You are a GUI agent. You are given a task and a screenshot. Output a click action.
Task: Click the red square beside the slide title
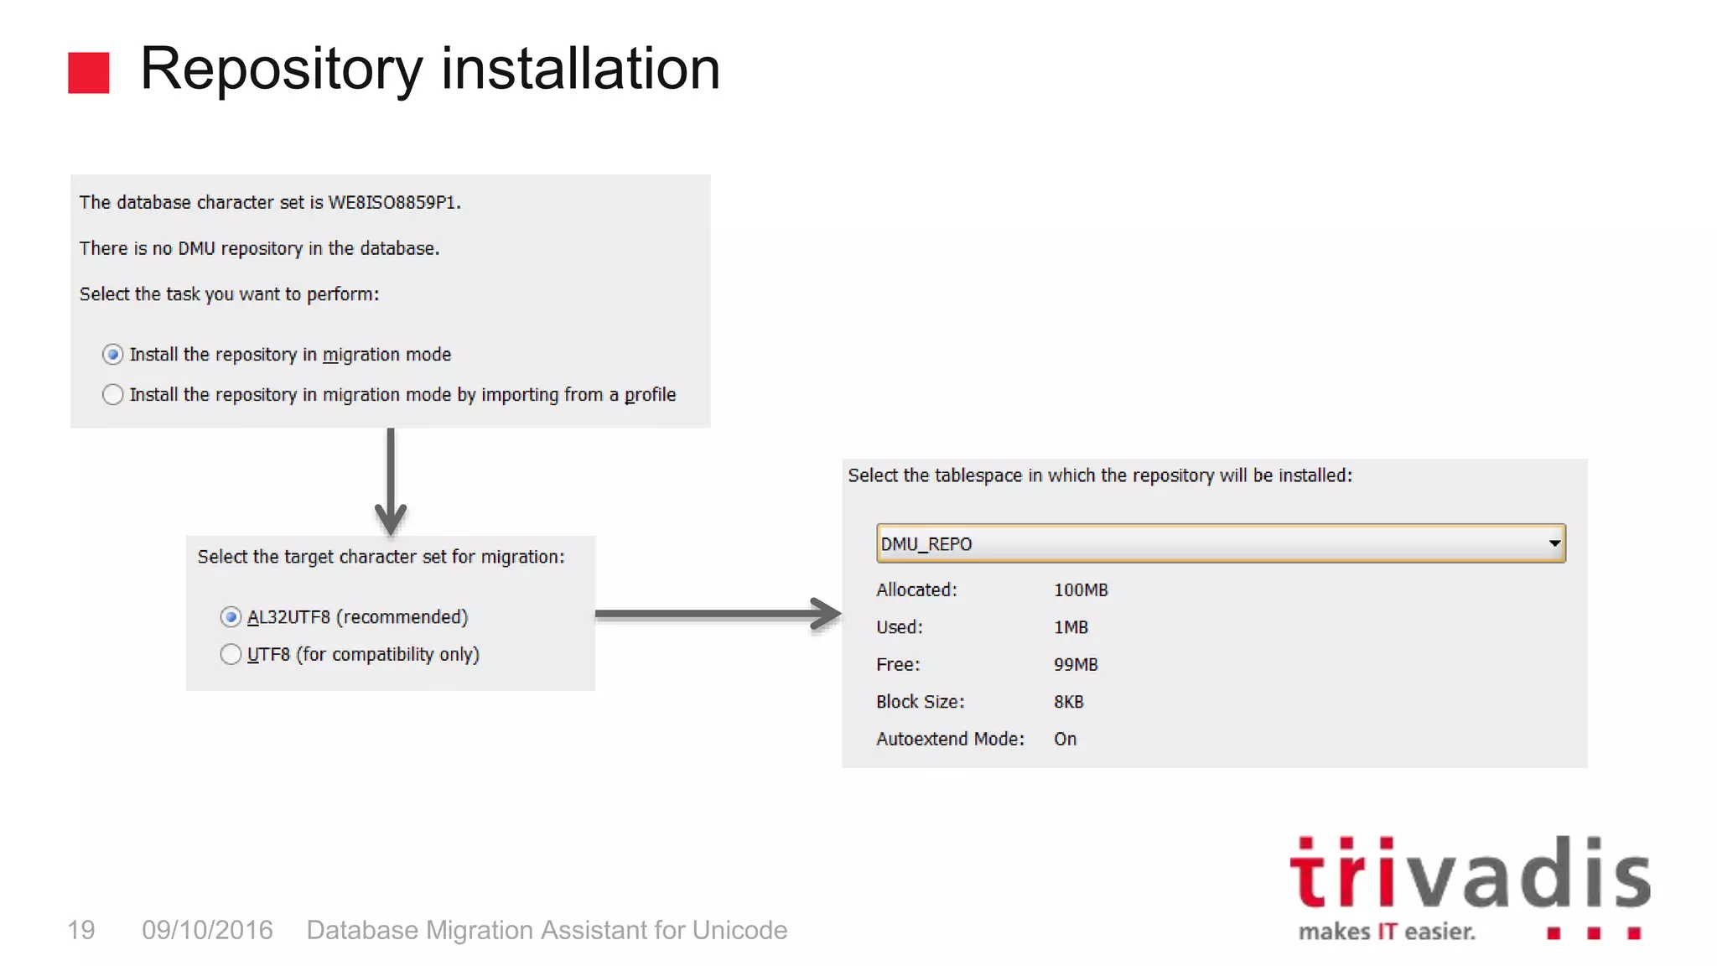[88, 72]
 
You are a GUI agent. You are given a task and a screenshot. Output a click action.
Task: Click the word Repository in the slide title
[281, 69]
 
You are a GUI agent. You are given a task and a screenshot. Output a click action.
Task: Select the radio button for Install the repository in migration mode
[112, 355]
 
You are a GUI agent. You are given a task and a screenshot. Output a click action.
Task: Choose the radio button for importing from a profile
[112, 394]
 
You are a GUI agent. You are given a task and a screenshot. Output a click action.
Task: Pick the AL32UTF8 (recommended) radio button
[231, 617]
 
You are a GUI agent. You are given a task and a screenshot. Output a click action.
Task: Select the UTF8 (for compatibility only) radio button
[231, 654]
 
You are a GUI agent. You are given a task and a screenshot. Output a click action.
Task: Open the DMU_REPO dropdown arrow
[1554, 543]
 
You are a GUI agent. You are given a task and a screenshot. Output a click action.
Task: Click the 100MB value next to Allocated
[1081, 590]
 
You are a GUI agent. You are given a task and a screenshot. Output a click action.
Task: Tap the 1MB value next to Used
[1071, 627]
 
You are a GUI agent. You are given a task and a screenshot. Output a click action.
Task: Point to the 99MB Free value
[1076, 665]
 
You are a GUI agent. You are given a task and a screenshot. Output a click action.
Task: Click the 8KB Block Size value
[1068, 702]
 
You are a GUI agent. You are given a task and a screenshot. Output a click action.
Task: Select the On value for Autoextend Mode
[1065, 739]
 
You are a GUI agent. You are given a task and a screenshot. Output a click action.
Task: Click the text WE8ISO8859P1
[394, 202]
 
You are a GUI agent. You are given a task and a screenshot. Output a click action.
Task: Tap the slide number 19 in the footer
[81, 930]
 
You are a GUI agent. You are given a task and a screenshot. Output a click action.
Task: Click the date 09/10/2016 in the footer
[207, 930]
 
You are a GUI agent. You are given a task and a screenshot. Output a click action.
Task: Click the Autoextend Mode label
[950, 739]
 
